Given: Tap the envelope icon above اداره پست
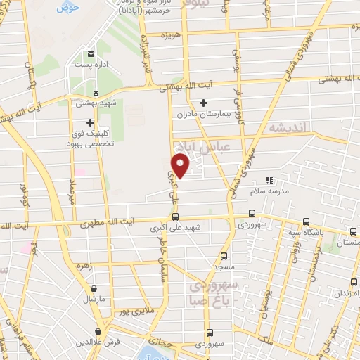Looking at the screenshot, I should [91, 53].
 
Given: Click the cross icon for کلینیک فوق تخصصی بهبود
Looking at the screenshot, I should [90, 122].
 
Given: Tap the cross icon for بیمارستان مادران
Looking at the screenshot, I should [203, 103].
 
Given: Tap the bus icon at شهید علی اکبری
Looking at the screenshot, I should [175, 217].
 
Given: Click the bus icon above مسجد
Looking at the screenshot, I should [224, 256].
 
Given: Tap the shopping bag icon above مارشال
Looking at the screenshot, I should [94, 287].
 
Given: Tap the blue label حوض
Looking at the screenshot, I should [67, 7].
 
